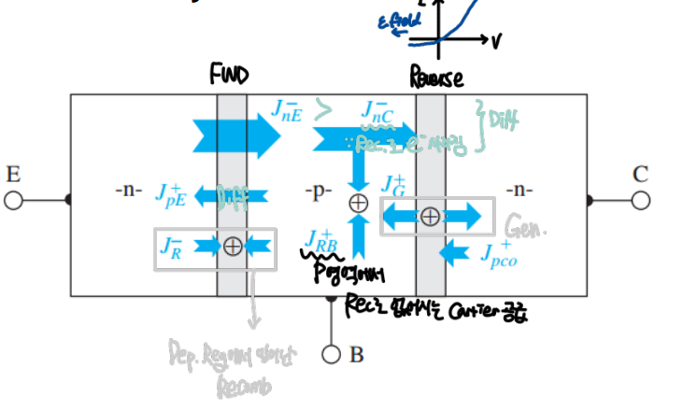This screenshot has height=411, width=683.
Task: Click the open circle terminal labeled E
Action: click(x=13, y=200)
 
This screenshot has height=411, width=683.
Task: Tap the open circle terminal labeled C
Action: click(x=641, y=200)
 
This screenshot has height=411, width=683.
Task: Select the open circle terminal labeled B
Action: click(x=330, y=355)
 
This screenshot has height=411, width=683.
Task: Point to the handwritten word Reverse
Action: click(x=436, y=78)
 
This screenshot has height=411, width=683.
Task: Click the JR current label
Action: click(x=171, y=248)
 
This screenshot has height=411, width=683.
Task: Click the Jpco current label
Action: click(x=499, y=253)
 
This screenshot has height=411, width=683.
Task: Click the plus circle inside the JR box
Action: click(x=233, y=247)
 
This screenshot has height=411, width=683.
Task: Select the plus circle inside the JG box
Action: click(x=430, y=217)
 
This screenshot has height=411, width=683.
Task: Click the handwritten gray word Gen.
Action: click(x=523, y=226)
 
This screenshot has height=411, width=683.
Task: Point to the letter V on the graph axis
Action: click(x=495, y=41)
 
